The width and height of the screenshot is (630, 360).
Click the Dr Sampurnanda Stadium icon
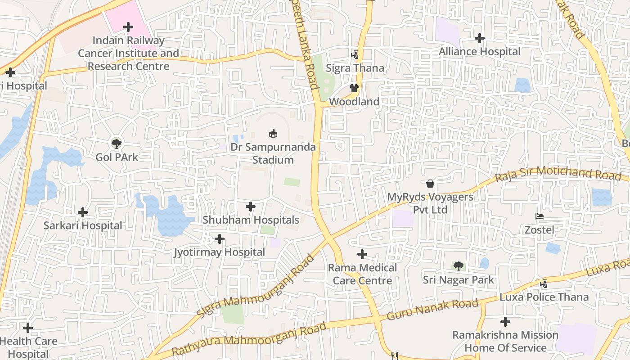(273, 133)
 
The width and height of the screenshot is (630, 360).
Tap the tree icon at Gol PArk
(117, 144)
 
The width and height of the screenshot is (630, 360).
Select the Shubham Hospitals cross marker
(251, 207)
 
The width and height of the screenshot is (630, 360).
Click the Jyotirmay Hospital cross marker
(220, 238)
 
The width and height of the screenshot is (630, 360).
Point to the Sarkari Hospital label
(83, 225)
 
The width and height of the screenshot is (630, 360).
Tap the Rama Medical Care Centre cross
(362, 254)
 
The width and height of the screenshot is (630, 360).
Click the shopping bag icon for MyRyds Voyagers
(430, 184)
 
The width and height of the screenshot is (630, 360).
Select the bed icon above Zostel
(540, 216)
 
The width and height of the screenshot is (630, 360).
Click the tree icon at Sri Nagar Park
(458, 266)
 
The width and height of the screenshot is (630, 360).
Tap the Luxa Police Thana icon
(544, 283)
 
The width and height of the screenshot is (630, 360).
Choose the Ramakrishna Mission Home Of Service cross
(505, 322)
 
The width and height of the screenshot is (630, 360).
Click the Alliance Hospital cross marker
(480, 38)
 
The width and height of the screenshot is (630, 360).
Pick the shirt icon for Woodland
(354, 88)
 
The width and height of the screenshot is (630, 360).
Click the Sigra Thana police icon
(355, 54)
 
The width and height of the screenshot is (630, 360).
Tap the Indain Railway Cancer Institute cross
(128, 27)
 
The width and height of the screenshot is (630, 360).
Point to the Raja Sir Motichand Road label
(558, 174)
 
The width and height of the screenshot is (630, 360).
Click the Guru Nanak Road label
(432, 310)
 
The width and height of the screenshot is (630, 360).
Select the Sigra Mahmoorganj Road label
(255, 287)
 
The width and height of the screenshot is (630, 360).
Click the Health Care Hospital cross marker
(28, 328)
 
